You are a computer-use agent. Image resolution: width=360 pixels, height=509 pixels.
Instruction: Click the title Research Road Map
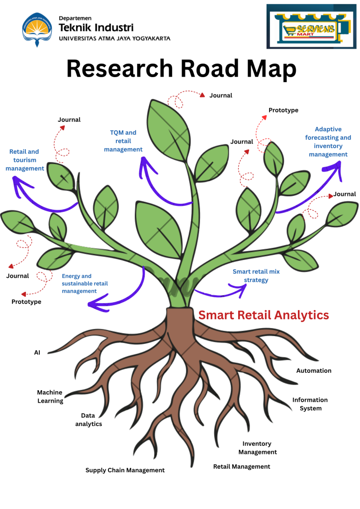click(x=181, y=69)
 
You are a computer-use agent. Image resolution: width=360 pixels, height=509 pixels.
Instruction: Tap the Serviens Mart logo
click(x=311, y=27)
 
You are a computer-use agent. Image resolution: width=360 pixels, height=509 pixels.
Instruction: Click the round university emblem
click(x=36, y=28)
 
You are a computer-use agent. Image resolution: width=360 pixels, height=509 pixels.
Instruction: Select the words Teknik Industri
click(x=96, y=28)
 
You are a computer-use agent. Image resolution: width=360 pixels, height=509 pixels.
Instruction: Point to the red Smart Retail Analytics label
click(x=264, y=315)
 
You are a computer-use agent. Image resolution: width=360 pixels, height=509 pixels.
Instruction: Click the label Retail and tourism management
click(x=24, y=160)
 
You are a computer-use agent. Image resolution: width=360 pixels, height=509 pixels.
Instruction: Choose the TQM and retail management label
click(x=123, y=141)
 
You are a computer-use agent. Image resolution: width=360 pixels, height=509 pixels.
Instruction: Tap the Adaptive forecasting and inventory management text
click(x=328, y=142)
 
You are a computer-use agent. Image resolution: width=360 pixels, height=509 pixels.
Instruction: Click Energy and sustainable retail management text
click(x=85, y=283)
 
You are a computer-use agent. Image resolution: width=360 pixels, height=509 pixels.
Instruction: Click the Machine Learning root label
click(x=50, y=397)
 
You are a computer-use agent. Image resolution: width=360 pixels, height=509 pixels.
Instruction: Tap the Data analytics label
click(x=89, y=420)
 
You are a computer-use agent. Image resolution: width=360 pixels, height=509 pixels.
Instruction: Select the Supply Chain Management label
click(x=125, y=470)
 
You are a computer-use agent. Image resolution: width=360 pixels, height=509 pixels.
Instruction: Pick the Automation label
click(x=314, y=370)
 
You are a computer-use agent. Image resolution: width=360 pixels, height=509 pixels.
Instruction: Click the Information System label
click(x=310, y=404)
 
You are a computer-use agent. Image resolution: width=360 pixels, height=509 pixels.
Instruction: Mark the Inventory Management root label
click(x=257, y=448)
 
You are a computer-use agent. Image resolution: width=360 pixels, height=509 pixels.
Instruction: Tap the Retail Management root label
click(x=242, y=466)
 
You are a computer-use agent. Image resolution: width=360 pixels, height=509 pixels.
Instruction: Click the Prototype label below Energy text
click(x=26, y=301)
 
